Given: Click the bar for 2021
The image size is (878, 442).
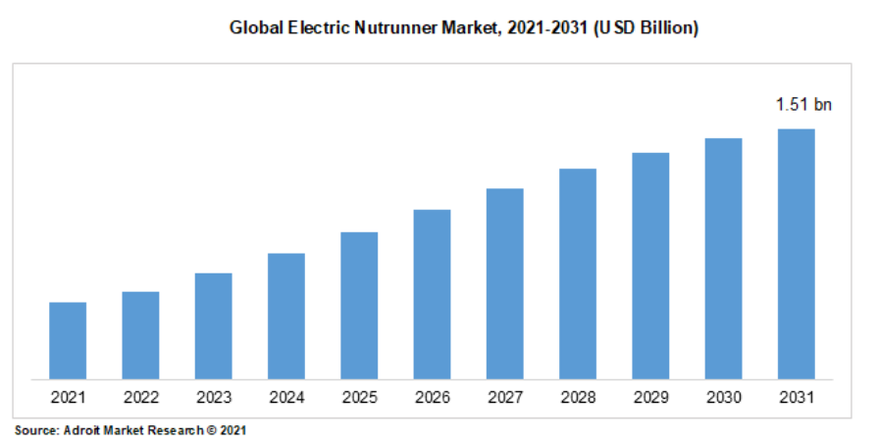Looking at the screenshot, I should tap(68, 340).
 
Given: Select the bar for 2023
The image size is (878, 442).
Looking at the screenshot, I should tap(213, 325).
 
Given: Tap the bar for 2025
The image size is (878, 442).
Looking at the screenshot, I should tap(359, 305).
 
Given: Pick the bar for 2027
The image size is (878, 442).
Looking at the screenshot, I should tap(504, 283).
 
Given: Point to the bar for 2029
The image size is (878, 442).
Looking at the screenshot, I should tap(650, 266).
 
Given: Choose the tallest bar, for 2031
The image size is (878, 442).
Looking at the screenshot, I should tap(796, 254).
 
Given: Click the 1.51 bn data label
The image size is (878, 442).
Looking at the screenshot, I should tap(803, 104).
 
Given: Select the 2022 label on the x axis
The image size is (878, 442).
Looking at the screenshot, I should tap(140, 398).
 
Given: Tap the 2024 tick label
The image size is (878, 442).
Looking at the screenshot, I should tap(286, 398).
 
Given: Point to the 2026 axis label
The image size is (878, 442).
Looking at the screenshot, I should tap(432, 398).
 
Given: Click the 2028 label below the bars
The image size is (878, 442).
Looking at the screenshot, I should tap(578, 398).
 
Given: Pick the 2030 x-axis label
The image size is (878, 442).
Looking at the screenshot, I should tap(723, 398).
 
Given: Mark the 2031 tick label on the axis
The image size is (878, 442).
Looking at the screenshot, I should tap(796, 398).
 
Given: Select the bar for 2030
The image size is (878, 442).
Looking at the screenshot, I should tap(723, 258).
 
